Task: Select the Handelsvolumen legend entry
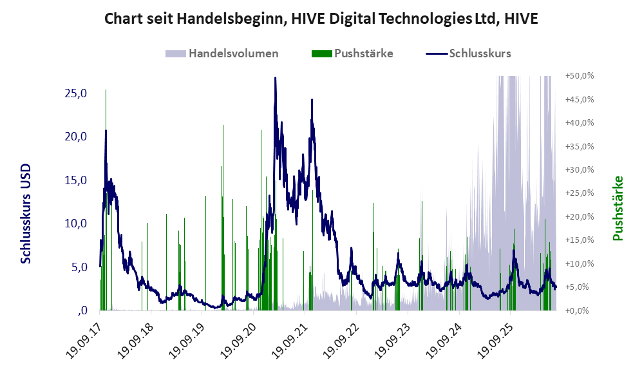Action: coord(222,53)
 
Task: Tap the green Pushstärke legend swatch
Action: coord(321,53)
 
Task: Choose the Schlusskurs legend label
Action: coord(480,53)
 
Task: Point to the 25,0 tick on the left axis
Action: coord(76,93)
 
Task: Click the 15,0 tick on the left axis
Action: coord(76,180)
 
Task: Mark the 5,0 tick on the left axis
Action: coord(79,267)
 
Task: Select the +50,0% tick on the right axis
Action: coord(580,76)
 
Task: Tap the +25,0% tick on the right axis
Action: coord(580,193)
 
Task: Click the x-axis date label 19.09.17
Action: coord(84,341)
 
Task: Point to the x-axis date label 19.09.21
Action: coord(289,341)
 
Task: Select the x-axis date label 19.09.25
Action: coord(495,341)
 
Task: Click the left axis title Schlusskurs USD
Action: coord(26,214)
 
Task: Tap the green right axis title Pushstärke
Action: coord(618,209)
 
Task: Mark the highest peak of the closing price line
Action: coord(275,77)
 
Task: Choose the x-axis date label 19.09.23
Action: coord(392,341)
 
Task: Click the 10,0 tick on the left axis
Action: coord(76,223)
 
